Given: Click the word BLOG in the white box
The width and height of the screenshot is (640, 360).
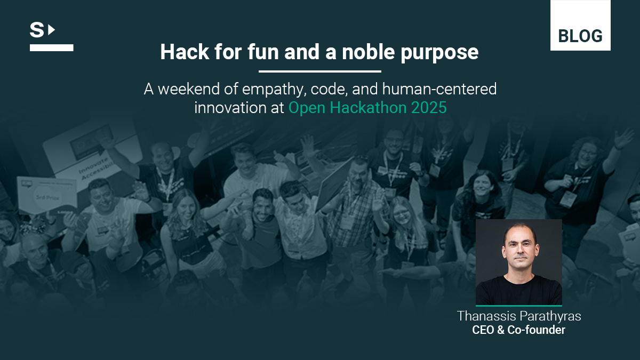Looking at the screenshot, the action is tap(580, 36).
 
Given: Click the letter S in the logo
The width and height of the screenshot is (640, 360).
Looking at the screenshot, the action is tap(37, 30).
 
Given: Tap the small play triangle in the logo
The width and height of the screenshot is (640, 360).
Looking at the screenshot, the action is tap(51, 30).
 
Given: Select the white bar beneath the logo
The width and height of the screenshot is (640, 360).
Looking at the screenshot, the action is tap(51, 47).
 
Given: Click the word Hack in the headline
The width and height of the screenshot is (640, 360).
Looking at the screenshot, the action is tap(185, 52).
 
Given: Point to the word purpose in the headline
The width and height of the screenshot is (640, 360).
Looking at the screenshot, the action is tap(439, 53).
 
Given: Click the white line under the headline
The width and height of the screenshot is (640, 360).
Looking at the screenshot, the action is tap(320, 71).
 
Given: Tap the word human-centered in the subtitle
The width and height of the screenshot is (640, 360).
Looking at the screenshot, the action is tap(439, 89).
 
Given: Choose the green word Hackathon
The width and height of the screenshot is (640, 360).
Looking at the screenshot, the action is tap(369, 108).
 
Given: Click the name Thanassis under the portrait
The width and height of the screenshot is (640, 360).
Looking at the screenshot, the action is tap(486, 316).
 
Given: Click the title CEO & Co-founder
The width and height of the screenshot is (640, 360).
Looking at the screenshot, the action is tap(518, 330).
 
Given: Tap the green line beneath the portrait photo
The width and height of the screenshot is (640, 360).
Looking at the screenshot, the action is tap(519, 306).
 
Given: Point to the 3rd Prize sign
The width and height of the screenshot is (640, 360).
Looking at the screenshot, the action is tap(47, 195).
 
